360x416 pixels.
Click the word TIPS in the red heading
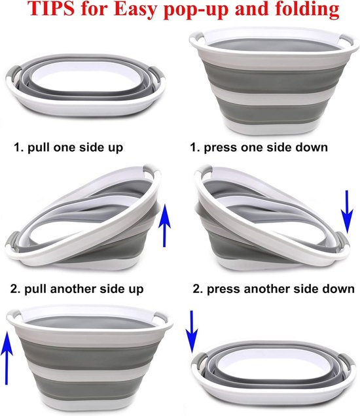click(x=51, y=9)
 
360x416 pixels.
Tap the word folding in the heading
click(x=307, y=10)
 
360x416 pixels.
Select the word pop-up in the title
click(x=196, y=10)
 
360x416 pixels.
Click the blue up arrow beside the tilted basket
click(x=164, y=226)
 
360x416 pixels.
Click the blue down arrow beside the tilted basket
click(x=347, y=212)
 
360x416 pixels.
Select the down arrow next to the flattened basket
click(x=191, y=332)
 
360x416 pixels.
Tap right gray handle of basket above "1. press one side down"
click(x=346, y=40)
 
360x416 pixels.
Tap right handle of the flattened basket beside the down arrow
click(x=347, y=361)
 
